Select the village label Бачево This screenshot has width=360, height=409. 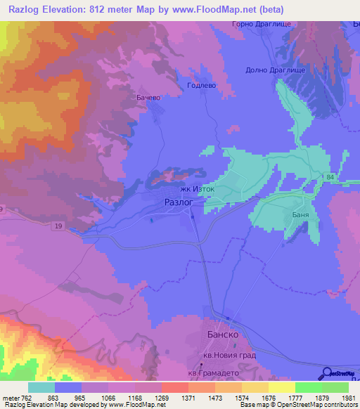(x=148, y=98)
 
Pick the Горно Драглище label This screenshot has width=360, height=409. (x=261, y=25)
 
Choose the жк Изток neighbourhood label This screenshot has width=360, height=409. (x=197, y=189)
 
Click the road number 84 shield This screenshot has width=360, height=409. (x=330, y=177)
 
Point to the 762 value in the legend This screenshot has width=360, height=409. (x=25, y=398)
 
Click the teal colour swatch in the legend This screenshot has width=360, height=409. (x=41, y=387)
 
